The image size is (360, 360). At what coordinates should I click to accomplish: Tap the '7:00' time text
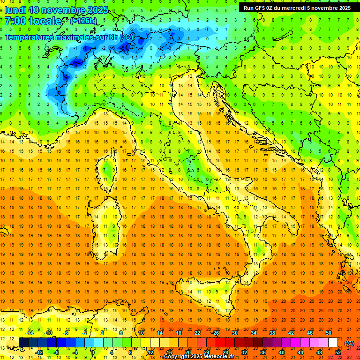tap(14, 21)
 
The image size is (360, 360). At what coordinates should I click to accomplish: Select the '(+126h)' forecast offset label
tap(83, 21)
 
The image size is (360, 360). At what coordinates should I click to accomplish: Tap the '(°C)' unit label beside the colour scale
tap(349, 343)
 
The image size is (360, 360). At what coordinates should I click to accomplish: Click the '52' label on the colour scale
tap(337, 352)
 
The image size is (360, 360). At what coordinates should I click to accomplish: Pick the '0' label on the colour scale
tap(93, 352)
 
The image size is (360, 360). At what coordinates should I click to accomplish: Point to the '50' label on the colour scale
tap(329, 333)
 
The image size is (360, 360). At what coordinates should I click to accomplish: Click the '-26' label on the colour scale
tap(215, 333)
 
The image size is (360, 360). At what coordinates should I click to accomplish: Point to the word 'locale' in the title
tap(45, 21)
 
